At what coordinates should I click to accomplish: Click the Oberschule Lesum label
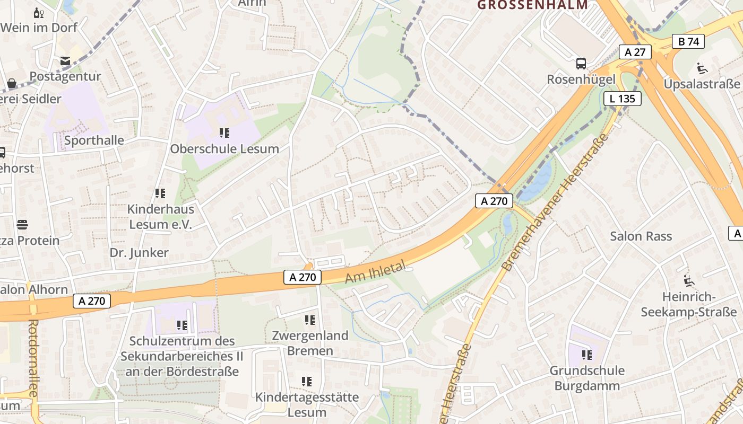point(224,149)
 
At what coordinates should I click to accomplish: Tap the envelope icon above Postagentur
point(65,61)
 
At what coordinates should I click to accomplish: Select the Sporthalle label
point(94,140)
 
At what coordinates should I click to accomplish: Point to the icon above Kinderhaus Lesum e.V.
point(160,193)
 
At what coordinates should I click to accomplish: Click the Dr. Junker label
point(139,253)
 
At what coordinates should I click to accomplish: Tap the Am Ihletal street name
point(375,271)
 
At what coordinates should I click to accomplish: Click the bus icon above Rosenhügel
point(581,64)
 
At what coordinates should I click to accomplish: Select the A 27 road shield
point(635,52)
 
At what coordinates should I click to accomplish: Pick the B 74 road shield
point(688,41)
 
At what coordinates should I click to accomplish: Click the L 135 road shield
point(622,98)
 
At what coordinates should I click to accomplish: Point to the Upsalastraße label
point(702,84)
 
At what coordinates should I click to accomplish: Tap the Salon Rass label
point(641,236)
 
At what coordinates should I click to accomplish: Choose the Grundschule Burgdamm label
point(587,378)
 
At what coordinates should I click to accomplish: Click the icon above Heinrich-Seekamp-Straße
point(689,281)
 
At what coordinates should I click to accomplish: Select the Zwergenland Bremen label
point(310,343)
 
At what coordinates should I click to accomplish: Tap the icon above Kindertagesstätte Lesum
point(307,382)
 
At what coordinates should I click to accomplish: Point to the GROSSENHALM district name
point(533,5)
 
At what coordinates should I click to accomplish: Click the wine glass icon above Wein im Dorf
point(39,13)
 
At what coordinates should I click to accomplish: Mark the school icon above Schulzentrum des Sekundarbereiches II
point(182,325)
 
